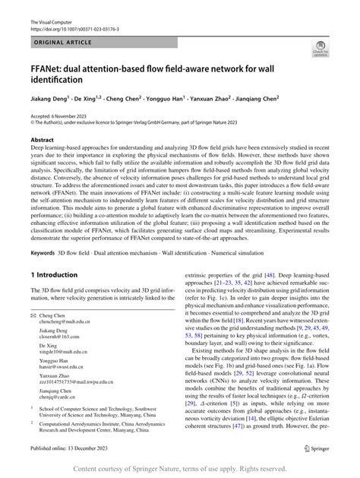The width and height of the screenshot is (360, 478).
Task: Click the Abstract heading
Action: pos(42,140)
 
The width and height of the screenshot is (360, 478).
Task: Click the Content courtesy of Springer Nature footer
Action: pos(180,469)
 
